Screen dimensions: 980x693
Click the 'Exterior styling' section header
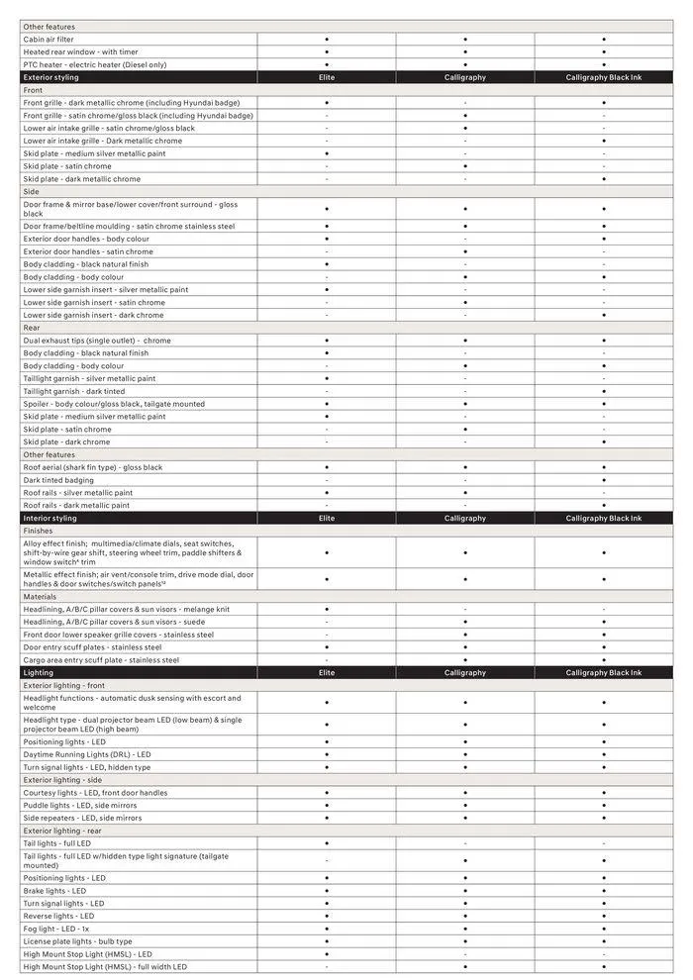pyautogui.click(x=51, y=77)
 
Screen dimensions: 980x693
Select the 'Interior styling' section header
pyautogui.click(x=49, y=519)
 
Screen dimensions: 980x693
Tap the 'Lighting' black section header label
pyautogui.click(x=39, y=673)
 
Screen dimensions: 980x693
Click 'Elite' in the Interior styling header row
pyautogui.click(x=327, y=519)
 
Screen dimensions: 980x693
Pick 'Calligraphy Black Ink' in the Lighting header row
pyautogui.click(x=604, y=673)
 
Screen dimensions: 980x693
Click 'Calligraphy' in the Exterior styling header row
pyautogui.click(x=465, y=77)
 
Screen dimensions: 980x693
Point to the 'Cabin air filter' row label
pyautogui.click(x=49, y=40)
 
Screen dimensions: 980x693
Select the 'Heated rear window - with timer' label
pyautogui.click(x=81, y=52)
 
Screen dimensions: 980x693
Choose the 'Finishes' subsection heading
pyautogui.click(x=38, y=531)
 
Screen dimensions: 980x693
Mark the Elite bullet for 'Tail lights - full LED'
pyautogui.click(x=327, y=843)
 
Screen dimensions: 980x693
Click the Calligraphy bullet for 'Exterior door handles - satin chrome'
pyautogui.click(x=465, y=252)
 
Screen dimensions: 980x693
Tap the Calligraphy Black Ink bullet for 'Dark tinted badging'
pyautogui.click(x=604, y=480)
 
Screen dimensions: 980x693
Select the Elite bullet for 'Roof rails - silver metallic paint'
pyautogui.click(x=327, y=493)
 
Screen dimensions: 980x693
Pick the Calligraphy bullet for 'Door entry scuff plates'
pyautogui.click(x=465, y=647)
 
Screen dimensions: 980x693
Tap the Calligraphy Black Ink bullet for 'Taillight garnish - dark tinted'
pyautogui.click(x=604, y=392)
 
